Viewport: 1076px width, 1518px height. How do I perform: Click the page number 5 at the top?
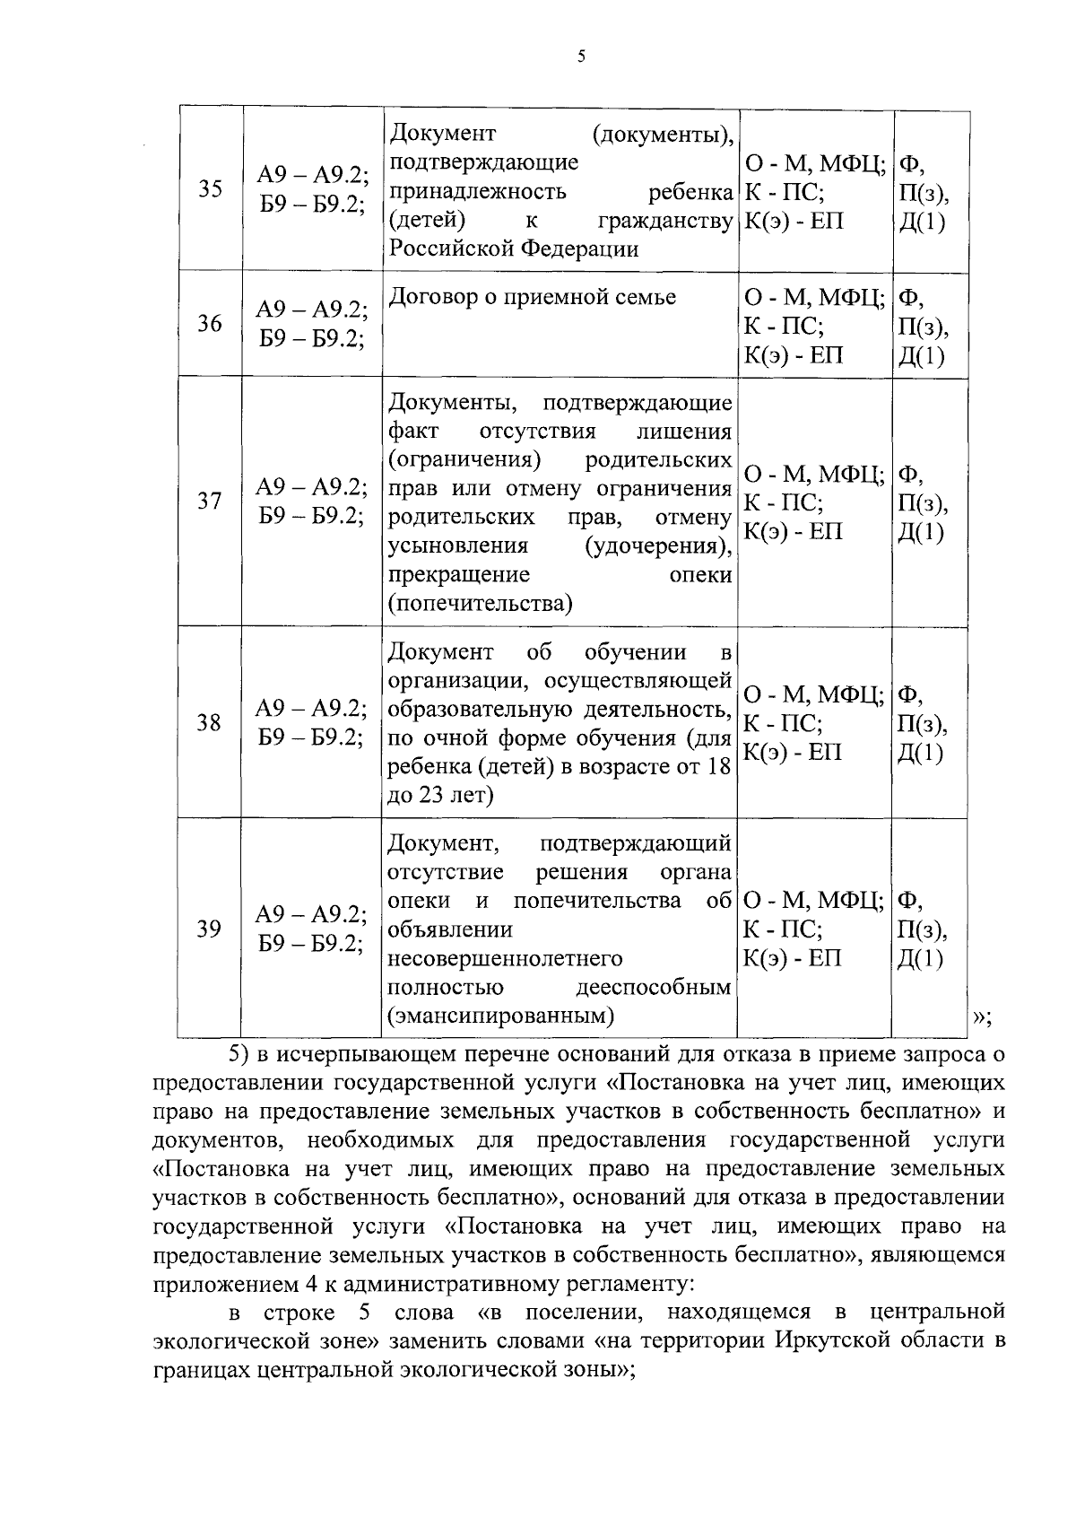(x=580, y=57)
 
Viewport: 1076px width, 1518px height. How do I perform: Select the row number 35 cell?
(x=210, y=189)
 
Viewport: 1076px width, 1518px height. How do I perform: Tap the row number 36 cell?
(x=210, y=323)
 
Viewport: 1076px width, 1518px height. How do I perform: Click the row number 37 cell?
(x=210, y=501)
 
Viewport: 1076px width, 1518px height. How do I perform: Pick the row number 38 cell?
(x=210, y=722)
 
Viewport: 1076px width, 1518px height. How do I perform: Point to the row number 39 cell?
(x=210, y=929)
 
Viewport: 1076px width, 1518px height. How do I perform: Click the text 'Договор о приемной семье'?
(x=532, y=297)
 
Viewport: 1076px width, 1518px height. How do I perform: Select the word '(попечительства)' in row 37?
(x=480, y=603)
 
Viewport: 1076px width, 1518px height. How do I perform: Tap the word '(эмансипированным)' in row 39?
(x=501, y=1016)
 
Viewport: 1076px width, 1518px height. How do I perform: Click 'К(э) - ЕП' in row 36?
(x=794, y=355)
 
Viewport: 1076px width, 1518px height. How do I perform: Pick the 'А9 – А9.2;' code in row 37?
(x=311, y=486)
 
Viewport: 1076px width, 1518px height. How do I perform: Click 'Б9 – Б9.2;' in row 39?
(x=311, y=943)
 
